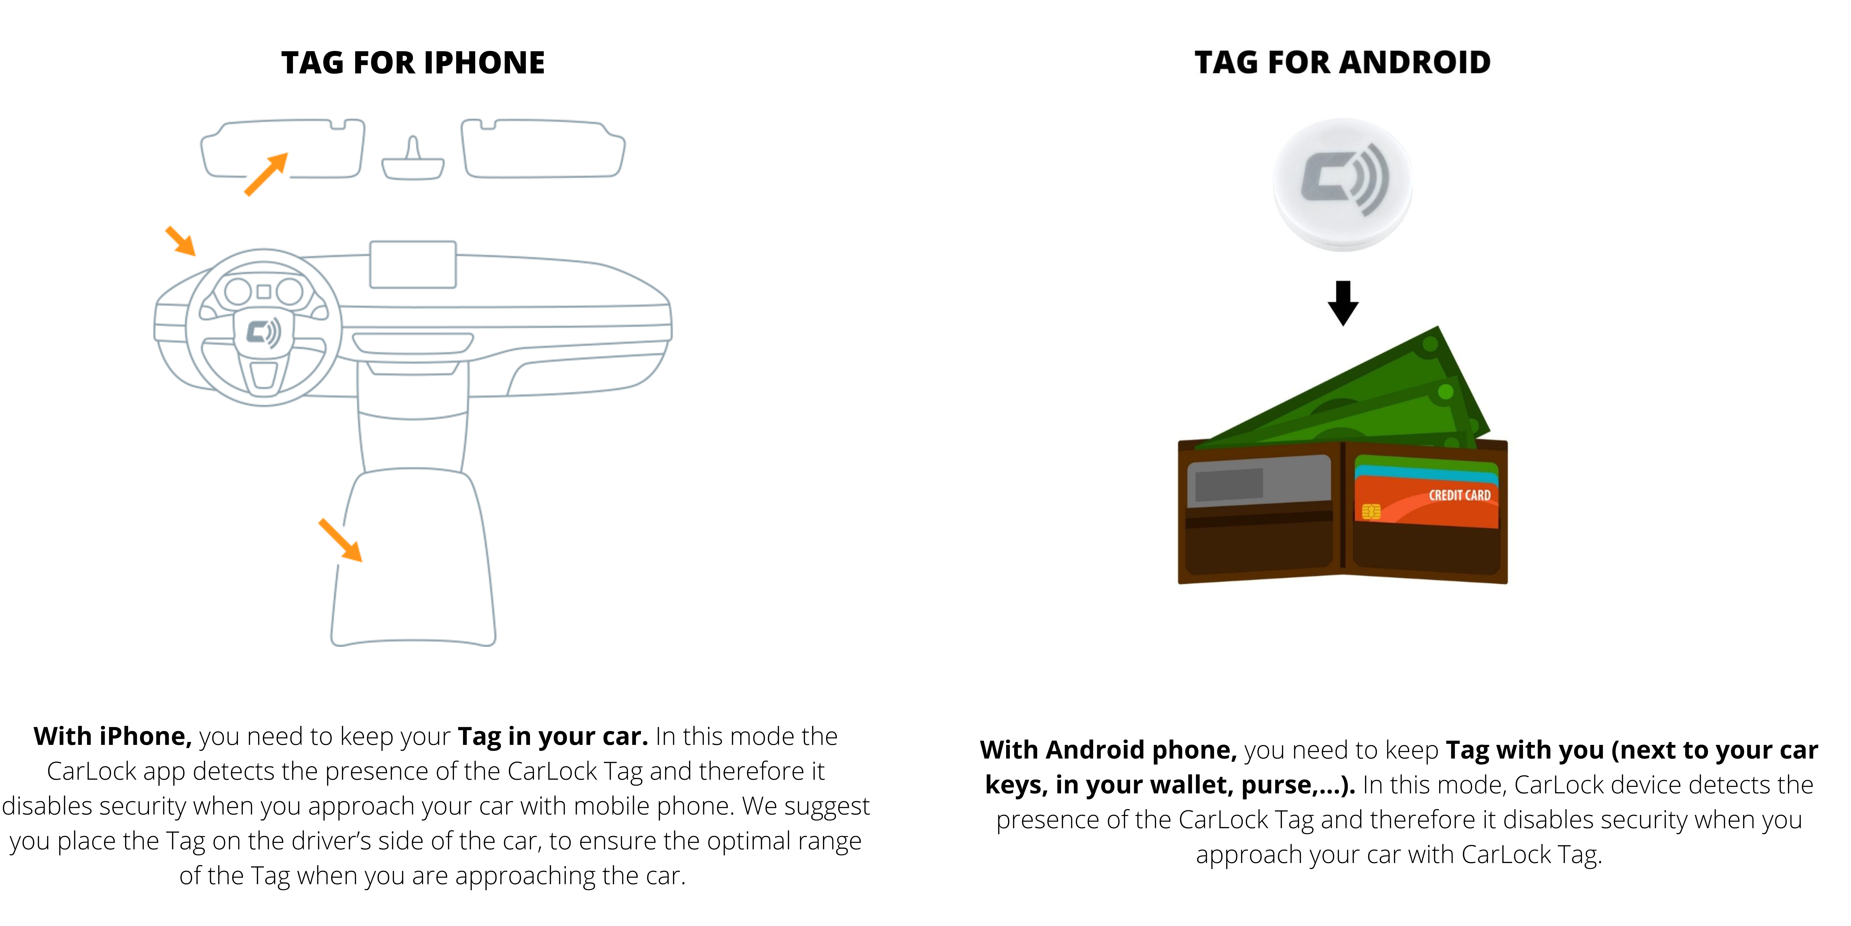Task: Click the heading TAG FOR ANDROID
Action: coord(1342,62)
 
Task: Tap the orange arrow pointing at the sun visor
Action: coord(266,174)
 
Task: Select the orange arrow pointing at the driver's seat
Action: coord(341,540)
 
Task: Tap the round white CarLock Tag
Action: coord(1342,184)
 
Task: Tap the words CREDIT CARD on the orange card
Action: coord(1459,495)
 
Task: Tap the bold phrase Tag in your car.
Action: coord(553,736)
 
